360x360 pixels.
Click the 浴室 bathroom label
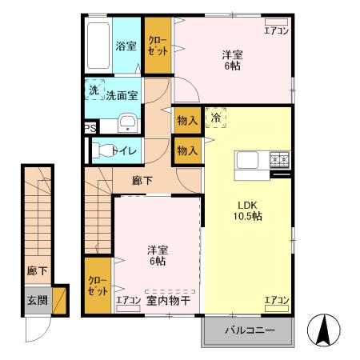(x=126, y=46)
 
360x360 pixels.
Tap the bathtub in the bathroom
(x=99, y=46)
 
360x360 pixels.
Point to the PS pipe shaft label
(x=90, y=127)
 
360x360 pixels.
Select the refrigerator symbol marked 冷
(x=215, y=118)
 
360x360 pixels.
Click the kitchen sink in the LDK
(x=246, y=160)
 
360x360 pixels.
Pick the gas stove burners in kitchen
(x=280, y=159)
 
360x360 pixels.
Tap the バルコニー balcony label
(x=249, y=330)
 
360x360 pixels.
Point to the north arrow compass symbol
(x=326, y=330)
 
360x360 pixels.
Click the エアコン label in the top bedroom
(x=276, y=30)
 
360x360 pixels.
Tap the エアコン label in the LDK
(x=276, y=300)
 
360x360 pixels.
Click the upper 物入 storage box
(x=187, y=119)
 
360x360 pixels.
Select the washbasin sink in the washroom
(x=126, y=122)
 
